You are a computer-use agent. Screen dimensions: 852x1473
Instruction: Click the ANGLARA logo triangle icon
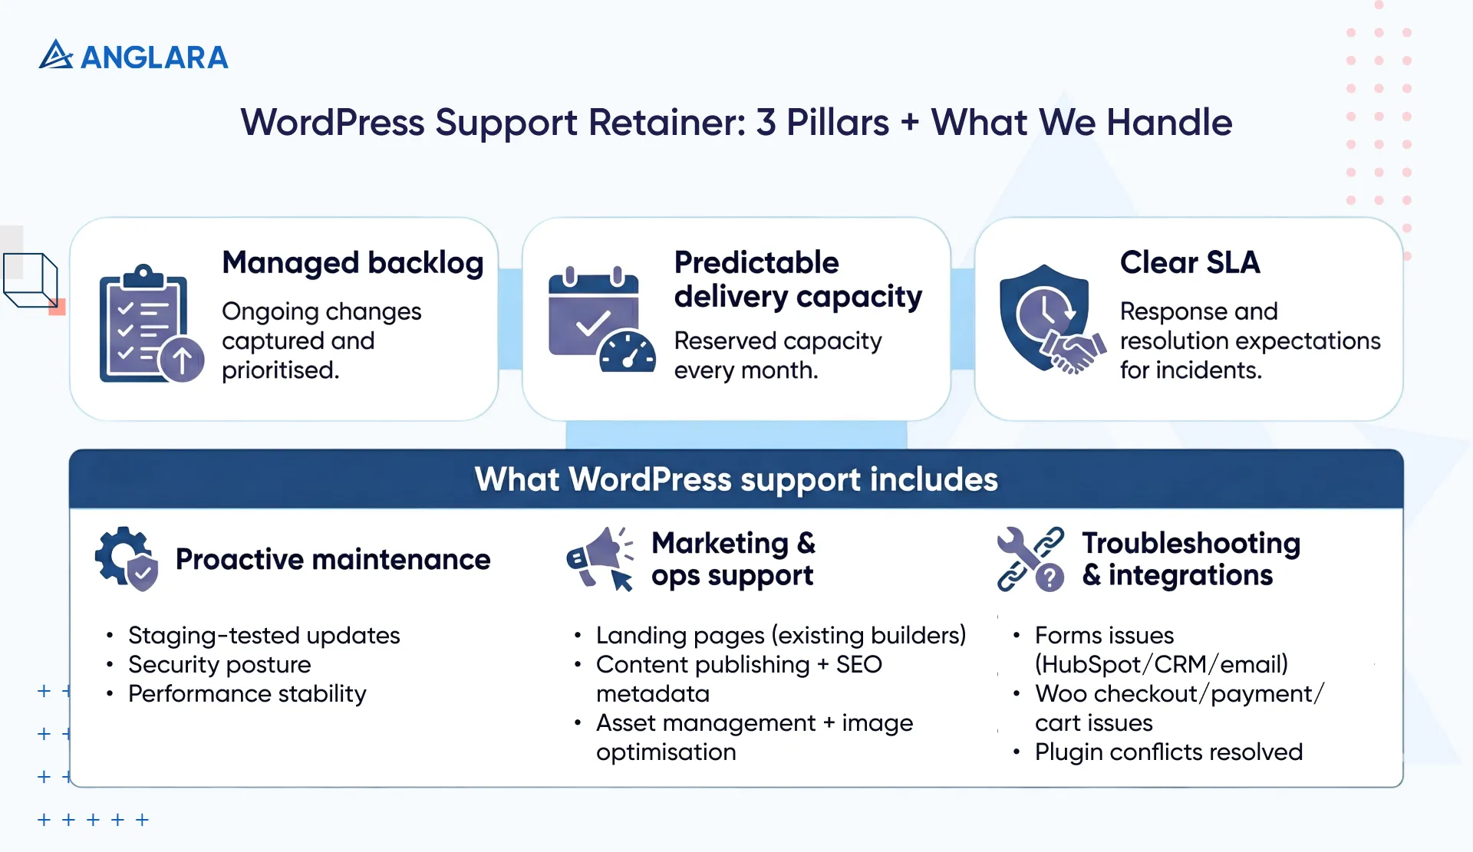[55, 55]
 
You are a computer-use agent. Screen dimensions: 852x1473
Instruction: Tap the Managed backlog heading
[352, 263]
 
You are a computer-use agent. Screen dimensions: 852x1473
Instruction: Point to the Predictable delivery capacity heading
[797, 280]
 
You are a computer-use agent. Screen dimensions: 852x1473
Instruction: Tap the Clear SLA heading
[1189, 263]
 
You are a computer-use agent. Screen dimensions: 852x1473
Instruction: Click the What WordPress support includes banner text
[736, 480]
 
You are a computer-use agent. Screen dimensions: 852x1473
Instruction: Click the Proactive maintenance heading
[332, 560]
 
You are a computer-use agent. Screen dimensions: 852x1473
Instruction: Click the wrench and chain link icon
[1030, 559]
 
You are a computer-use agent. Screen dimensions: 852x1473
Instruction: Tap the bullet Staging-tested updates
[263, 636]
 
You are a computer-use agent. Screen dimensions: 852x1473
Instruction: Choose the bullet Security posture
[219, 665]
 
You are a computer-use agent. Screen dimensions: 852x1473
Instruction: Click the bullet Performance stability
[247, 694]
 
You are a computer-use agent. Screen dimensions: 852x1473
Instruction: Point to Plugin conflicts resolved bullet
[1168, 752]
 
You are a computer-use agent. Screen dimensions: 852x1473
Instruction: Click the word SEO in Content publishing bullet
[858, 665]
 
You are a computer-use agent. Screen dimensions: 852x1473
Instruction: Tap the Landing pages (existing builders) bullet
[780, 636]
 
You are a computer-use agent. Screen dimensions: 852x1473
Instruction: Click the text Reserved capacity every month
[776, 356]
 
